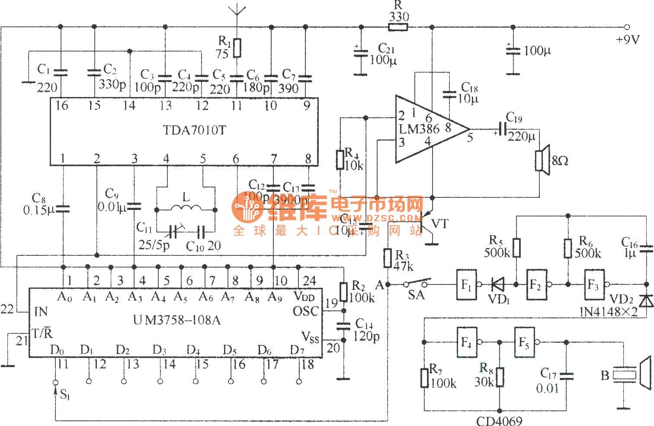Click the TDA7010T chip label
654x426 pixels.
pyautogui.click(x=194, y=130)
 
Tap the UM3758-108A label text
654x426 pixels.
pyautogui.click(x=177, y=320)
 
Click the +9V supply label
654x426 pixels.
pyautogui.click(x=627, y=40)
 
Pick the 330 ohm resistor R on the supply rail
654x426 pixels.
pyautogui.click(x=398, y=27)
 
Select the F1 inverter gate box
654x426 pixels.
pyautogui.click(x=466, y=284)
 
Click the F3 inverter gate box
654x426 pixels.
pyautogui.click(x=594, y=284)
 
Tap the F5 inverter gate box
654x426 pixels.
pyautogui.click(x=524, y=342)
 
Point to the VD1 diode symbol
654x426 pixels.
pyautogui.click(x=498, y=284)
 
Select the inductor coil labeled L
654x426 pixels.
pyautogui.click(x=186, y=209)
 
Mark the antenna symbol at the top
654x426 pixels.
pyautogui.click(x=237, y=11)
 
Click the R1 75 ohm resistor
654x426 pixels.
pyautogui.click(x=237, y=48)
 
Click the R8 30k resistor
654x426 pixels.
pyautogui.click(x=500, y=377)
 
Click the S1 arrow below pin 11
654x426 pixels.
pyautogui.click(x=55, y=392)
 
